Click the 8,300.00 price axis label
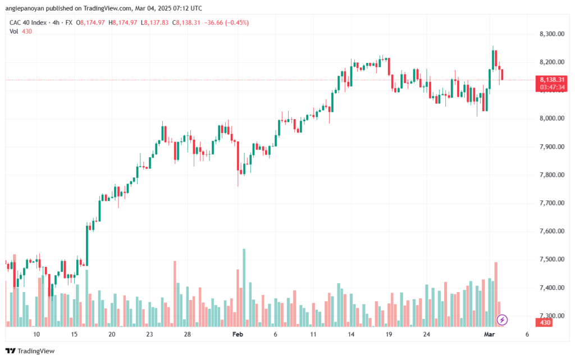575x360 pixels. [x=551, y=34]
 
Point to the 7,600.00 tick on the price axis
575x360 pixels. [x=551, y=231]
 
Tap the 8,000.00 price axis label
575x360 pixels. [x=551, y=119]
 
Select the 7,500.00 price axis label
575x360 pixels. [x=551, y=259]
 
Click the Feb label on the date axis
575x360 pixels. [x=238, y=334]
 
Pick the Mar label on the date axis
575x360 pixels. [x=489, y=334]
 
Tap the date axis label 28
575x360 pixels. [x=188, y=334]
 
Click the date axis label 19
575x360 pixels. [x=389, y=334]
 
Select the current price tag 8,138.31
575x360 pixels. [x=552, y=80]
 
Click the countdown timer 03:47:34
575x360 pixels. [x=552, y=87]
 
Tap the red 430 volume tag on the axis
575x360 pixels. [x=545, y=322]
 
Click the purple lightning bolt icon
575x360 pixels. [x=502, y=320]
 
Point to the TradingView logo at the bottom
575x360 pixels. [x=30, y=351]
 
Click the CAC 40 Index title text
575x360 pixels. [x=28, y=22]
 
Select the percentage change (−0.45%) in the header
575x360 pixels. [x=238, y=22]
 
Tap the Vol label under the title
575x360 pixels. [x=13, y=31]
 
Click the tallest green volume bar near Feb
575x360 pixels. [x=244, y=288]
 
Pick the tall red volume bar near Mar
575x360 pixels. [x=496, y=294]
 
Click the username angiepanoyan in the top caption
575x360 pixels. [x=24, y=8]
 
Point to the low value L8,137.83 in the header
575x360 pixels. [x=154, y=22]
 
